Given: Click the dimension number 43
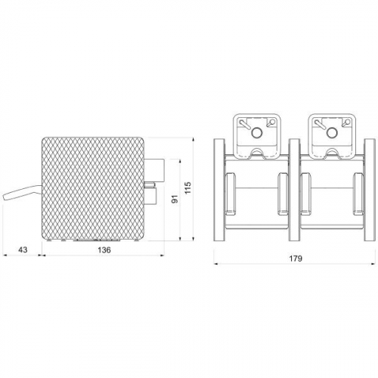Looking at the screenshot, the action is coord(23,249).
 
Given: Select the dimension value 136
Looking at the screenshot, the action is coord(104,249).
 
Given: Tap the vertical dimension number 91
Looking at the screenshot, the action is coord(175,199).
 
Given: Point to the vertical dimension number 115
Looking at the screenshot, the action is coord(187,187).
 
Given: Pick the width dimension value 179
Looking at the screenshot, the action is coord(296,259).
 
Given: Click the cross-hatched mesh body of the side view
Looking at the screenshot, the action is coord(93,188).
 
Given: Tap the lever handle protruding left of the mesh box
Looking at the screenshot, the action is coord(22,194).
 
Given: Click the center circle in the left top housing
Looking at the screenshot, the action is coord(257,132).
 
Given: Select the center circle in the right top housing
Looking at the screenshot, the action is coord(332,132).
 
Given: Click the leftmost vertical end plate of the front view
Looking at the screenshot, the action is coord(219,190).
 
